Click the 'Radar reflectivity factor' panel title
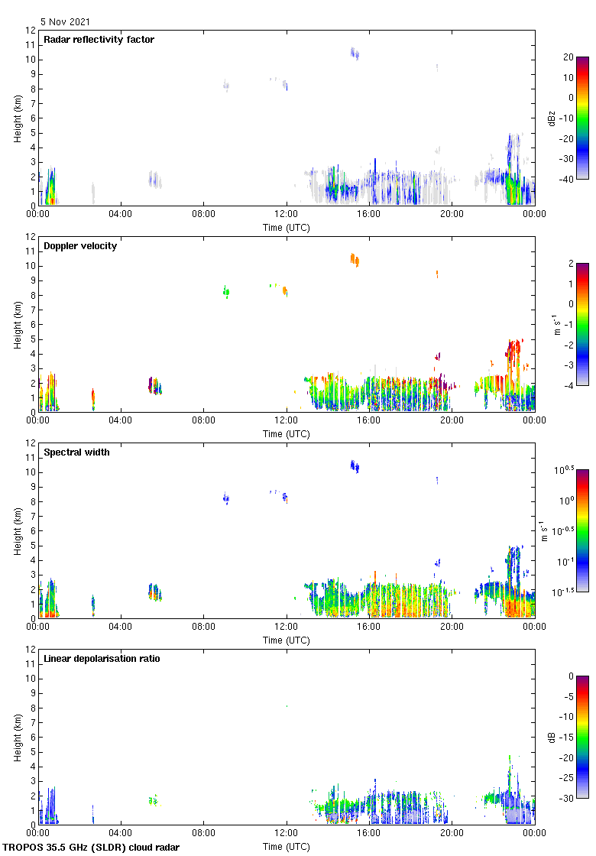99,40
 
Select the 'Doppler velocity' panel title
80,246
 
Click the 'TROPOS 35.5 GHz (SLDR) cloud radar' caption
91,848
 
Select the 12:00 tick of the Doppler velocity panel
287,420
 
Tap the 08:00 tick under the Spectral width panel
204,626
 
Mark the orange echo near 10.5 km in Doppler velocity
355,260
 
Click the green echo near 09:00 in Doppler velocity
226,291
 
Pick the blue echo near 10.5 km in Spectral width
355,465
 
